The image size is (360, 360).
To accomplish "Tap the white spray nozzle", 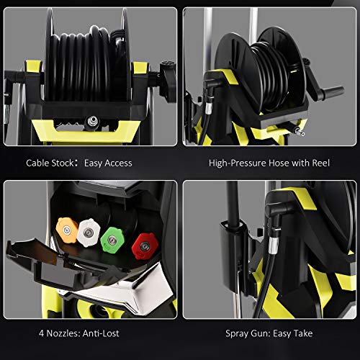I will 89,229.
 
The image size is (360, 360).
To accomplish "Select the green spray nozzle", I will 114,235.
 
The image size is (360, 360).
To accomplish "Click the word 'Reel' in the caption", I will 320,163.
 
